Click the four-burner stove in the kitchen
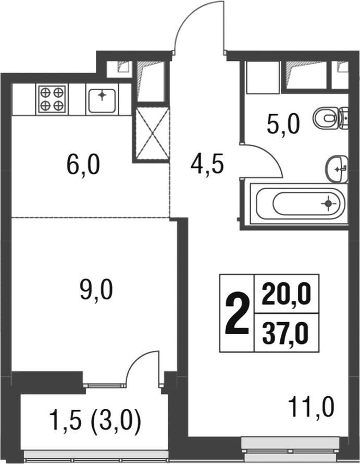[52, 99]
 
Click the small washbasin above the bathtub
[337, 168]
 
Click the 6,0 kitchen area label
[83, 166]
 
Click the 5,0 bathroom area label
[283, 125]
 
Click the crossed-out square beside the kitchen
[152, 135]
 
